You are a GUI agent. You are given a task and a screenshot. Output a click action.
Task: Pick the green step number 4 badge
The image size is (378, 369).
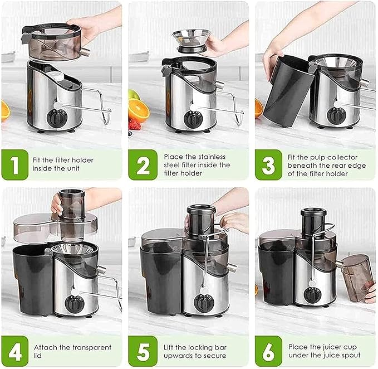click(14, 351)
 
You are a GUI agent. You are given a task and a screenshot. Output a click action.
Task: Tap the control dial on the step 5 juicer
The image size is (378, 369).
click(204, 303)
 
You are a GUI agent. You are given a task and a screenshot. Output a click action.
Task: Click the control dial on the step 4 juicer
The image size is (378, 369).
click(74, 303)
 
